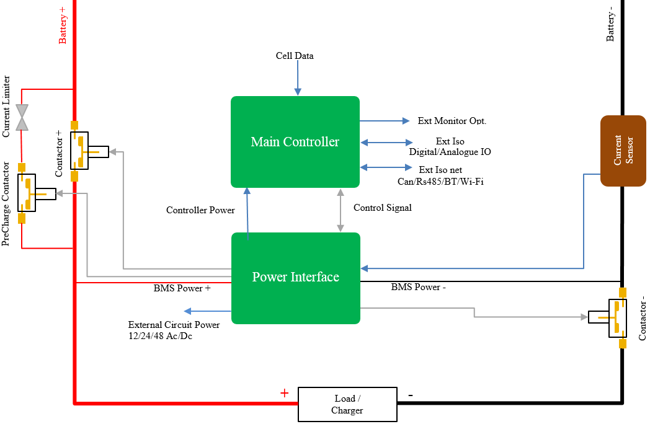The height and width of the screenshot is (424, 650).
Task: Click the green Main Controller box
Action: (295, 142)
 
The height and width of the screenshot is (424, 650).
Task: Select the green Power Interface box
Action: (296, 278)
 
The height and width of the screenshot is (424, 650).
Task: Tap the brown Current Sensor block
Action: (623, 151)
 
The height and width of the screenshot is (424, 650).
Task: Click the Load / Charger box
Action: (347, 404)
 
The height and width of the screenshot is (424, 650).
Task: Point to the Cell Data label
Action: (295, 56)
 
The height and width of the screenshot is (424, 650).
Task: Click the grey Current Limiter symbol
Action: (22, 117)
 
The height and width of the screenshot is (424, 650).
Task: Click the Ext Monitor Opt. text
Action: (452, 121)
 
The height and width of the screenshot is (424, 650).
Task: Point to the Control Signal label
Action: (382, 208)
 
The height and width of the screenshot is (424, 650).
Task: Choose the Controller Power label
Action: (200, 210)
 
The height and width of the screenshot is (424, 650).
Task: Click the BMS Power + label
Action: (182, 288)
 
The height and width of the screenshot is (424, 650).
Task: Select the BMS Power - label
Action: (418, 287)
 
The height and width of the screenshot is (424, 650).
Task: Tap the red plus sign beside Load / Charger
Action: (284, 393)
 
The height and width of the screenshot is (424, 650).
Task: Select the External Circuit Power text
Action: (174, 325)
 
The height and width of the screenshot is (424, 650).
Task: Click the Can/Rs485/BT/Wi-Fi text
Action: (440, 181)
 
